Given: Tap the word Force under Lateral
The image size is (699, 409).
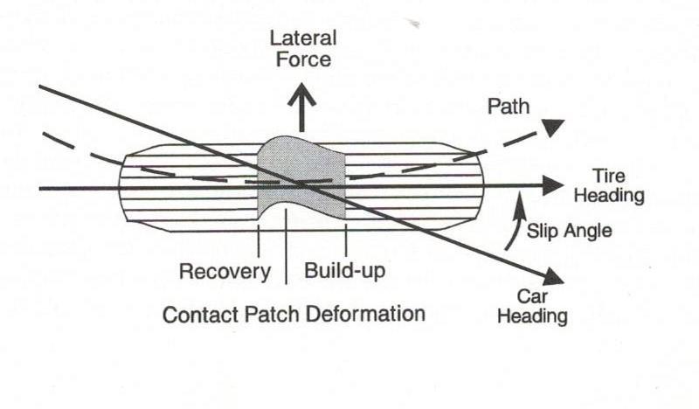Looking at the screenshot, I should click(301, 60).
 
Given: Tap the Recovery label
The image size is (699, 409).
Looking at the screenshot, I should click(225, 271).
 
